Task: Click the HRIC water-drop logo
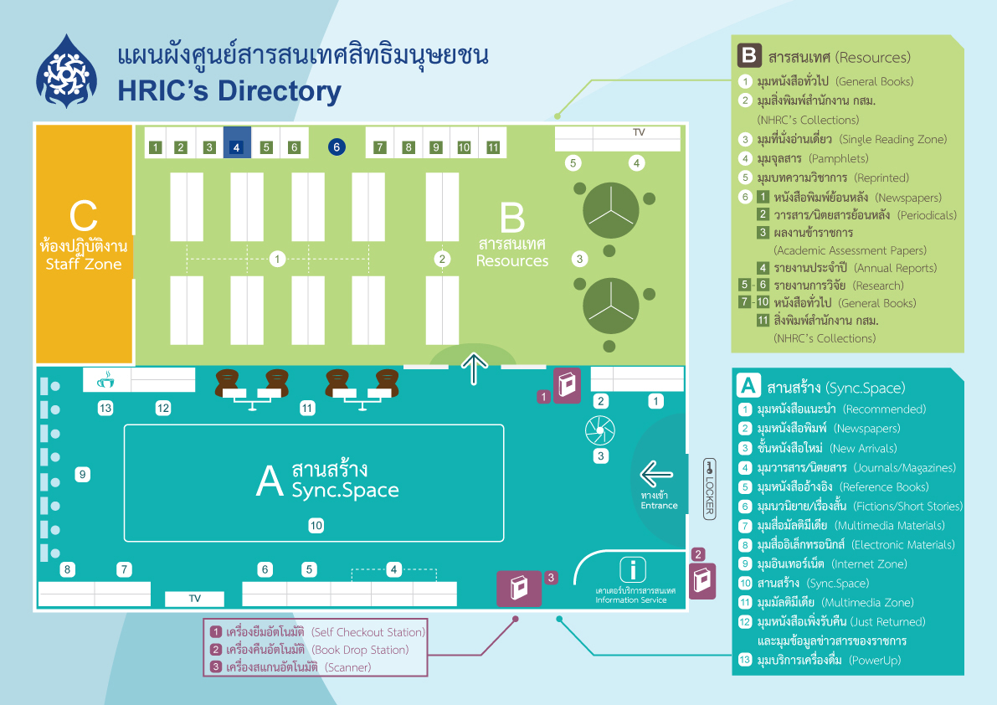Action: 67,71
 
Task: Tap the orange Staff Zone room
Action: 84,244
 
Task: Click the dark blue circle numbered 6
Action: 337,147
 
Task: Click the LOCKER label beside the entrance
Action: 710,489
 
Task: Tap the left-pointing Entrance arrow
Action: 656,474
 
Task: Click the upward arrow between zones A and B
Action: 475,369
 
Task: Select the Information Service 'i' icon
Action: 633,569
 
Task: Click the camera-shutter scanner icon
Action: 600,431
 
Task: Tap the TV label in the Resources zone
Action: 639,132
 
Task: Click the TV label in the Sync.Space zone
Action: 194,598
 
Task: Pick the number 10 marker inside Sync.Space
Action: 316,526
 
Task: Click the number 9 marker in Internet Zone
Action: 82,474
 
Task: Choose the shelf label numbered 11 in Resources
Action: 493,147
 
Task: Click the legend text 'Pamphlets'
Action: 839,159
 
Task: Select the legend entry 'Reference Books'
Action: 884,487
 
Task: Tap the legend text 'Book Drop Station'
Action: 361,650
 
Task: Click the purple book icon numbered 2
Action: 702,580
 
